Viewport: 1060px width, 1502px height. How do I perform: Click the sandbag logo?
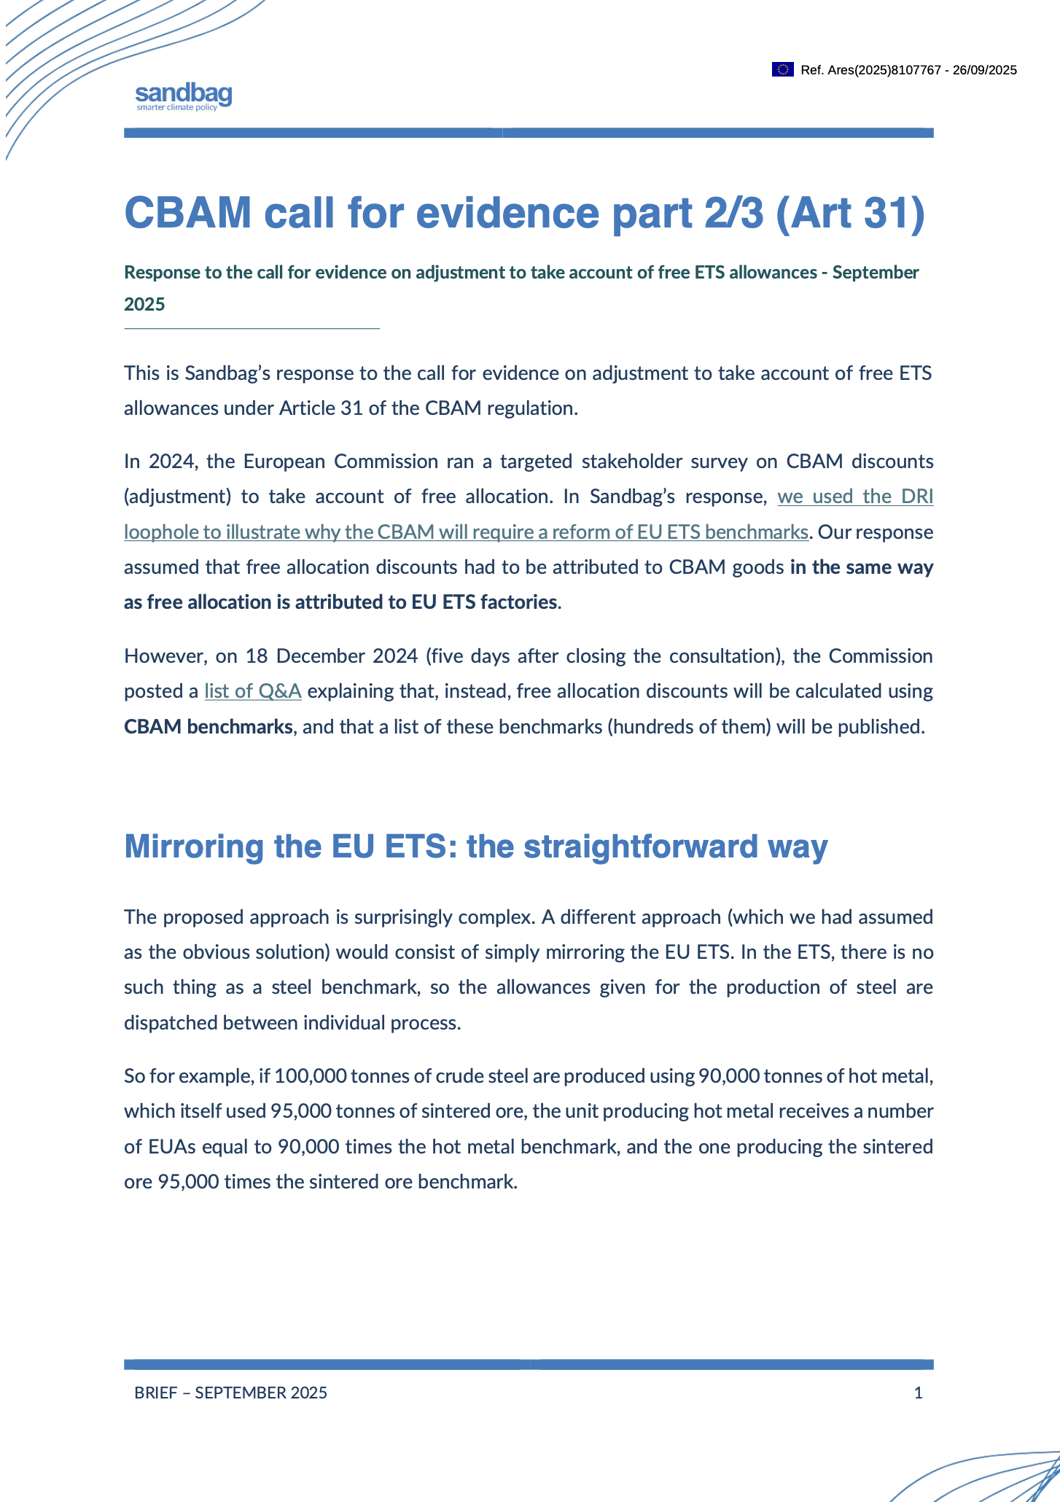pyautogui.click(x=184, y=96)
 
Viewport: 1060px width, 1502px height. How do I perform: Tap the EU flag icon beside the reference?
pyautogui.click(x=782, y=70)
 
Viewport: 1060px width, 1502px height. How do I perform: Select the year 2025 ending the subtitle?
pyautogui.click(x=144, y=304)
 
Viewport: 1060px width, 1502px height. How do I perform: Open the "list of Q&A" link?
pyautogui.click(x=253, y=691)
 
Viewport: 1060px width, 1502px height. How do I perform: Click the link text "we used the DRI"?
pyautogui.click(x=855, y=497)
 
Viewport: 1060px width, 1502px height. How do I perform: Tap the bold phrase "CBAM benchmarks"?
pyautogui.click(x=208, y=727)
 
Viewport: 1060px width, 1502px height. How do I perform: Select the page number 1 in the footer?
pyautogui.click(x=918, y=1393)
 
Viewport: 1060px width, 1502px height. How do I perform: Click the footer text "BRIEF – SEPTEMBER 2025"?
pyautogui.click(x=230, y=1393)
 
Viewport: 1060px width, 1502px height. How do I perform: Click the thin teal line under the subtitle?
pyautogui.click(x=252, y=329)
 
